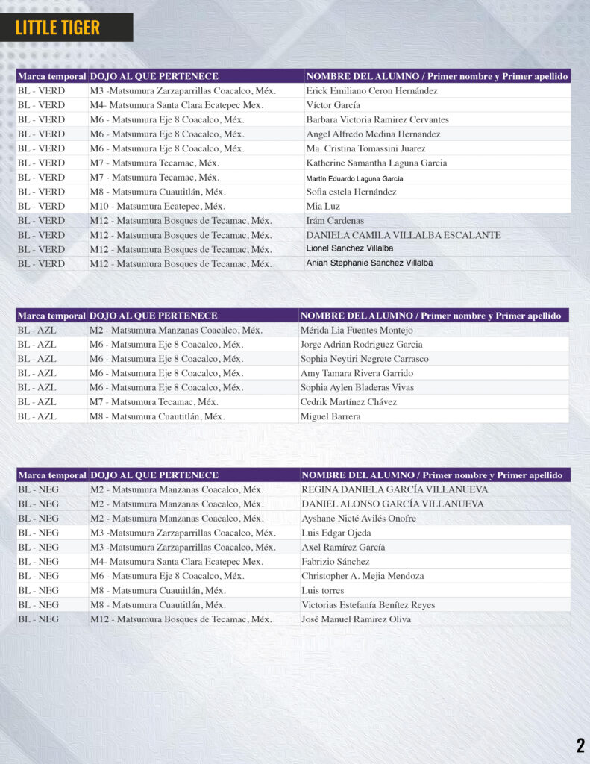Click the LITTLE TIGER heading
pos(57,28)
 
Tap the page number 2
pos(580,745)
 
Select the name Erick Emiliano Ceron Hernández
pos(371,91)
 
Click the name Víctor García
pos(333,105)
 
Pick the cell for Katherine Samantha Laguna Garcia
pos(376,163)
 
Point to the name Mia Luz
pos(322,206)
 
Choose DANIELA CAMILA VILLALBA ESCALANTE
pos(403,235)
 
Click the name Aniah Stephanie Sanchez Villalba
pos(369,263)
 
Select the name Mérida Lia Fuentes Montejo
pos(357,330)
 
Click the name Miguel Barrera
pos(330,416)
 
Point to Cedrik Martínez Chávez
pos(348,402)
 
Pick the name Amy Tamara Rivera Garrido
pos(357,373)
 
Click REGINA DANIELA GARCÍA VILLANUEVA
pos(395,490)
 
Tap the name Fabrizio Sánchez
pos(335,562)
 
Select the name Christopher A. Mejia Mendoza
pos(363,576)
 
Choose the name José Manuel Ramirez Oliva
pos(356,619)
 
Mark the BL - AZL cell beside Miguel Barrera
pos(37,416)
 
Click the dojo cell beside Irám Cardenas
pos(181,221)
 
